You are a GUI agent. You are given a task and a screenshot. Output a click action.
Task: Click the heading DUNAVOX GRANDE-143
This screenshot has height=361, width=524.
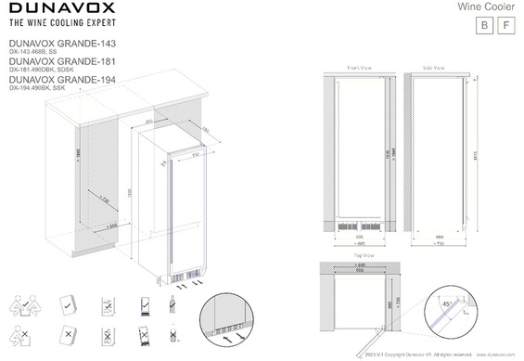[x=60, y=43]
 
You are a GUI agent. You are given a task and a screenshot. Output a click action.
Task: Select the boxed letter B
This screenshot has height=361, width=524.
[x=482, y=26]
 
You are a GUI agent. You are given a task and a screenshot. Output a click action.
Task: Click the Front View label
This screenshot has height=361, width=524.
[x=358, y=68]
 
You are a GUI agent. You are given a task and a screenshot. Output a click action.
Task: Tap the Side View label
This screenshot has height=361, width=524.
[x=434, y=68]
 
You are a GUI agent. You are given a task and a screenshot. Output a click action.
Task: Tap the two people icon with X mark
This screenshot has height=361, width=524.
[x=26, y=334]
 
